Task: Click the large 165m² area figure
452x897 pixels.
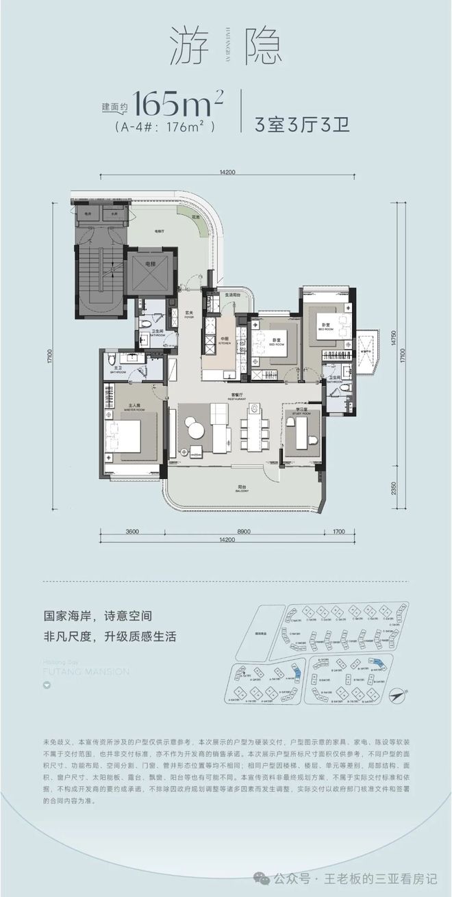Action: [179, 103]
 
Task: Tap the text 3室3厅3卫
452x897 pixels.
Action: [302, 125]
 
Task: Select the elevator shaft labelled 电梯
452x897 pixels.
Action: [149, 271]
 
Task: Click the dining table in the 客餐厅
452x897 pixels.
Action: [253, 429]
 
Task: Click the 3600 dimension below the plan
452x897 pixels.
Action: [133, 531]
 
